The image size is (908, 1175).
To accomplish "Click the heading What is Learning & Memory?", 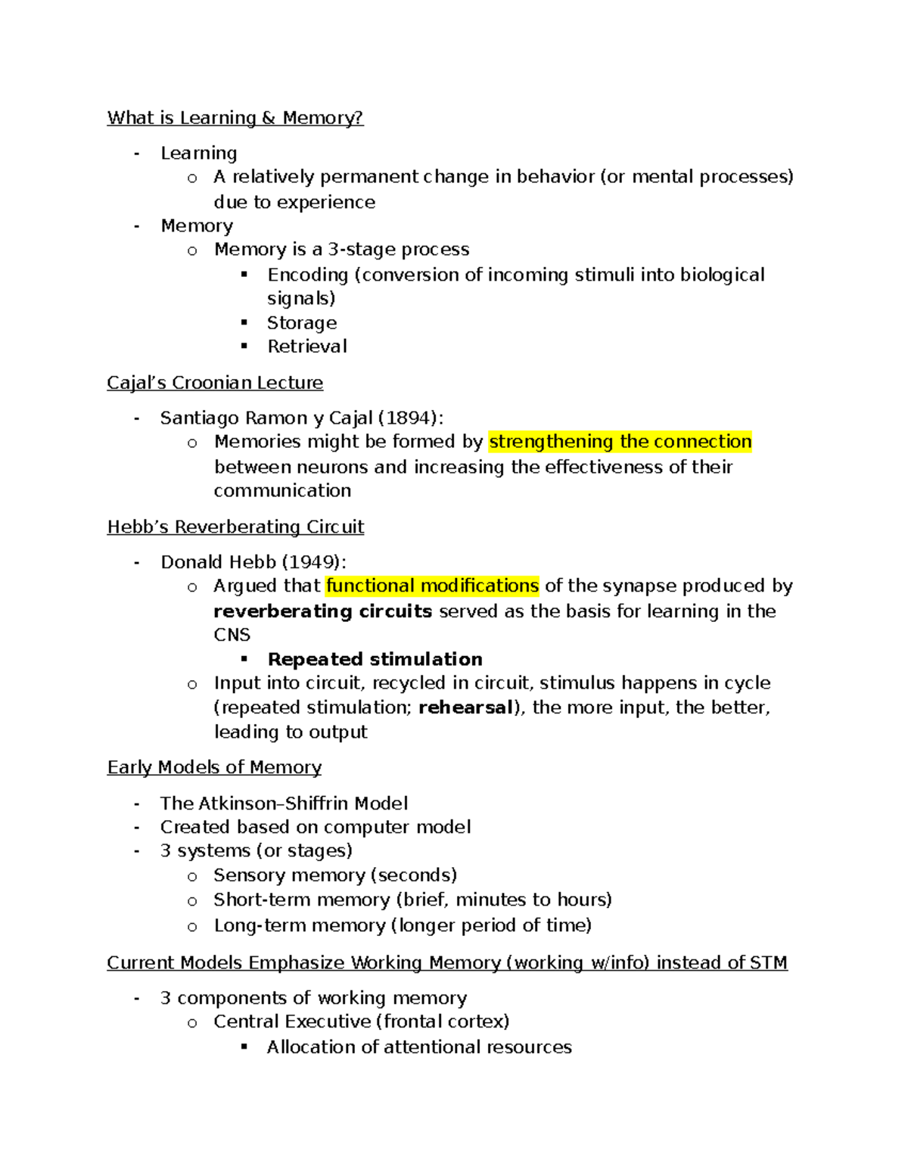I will pos(235,118).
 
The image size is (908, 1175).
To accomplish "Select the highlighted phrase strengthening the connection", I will pos(620,442).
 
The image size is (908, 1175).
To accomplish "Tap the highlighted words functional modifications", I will pos(432,586).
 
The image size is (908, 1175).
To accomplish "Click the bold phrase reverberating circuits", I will pos(322,611).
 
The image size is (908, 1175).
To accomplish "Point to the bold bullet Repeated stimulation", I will pos(375,659).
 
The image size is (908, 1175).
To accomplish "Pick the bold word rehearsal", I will pos(466,707).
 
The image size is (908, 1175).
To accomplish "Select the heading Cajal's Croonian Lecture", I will pos(215,383).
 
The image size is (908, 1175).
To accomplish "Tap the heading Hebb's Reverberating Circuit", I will pos(235,527).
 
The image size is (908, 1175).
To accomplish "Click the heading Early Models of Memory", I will pos(214,767).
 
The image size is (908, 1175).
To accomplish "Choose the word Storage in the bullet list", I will pos(302,323).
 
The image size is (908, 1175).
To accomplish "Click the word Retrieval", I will pos(307,347).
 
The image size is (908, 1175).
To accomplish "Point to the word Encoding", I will pos(307,275).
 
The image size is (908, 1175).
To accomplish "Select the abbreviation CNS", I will pos(232,635).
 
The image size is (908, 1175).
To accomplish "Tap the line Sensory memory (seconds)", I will pos(335,875).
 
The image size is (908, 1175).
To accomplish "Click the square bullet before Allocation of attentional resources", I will pos(244,1046).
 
